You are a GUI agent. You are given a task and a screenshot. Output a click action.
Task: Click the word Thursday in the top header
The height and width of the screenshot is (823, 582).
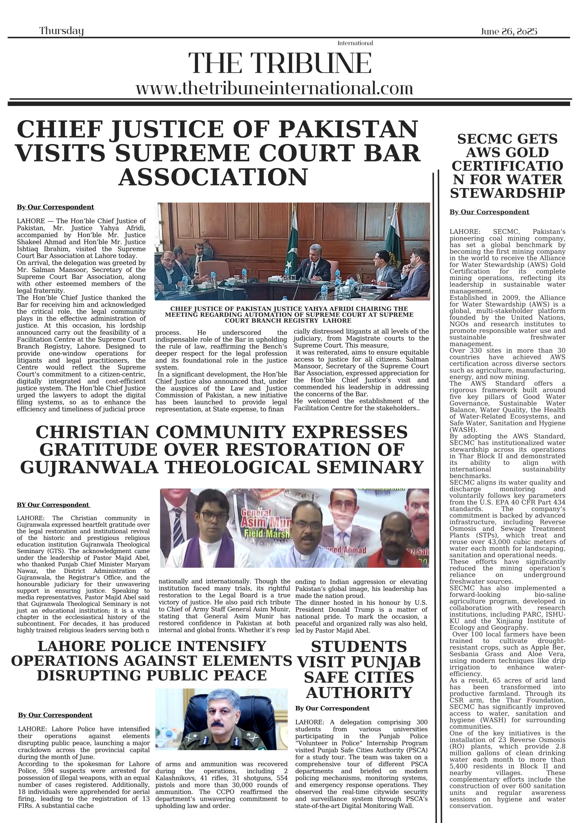coord(61,31)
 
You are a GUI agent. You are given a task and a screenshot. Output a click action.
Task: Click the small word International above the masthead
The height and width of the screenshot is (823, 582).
coord(355,43)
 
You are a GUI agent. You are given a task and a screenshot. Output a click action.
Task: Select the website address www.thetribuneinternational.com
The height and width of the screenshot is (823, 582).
coord(274,88)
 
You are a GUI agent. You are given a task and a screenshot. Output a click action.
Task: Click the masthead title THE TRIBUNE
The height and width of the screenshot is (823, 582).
coord(280,63)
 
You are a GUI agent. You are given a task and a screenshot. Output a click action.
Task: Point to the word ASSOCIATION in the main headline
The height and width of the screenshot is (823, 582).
coord(213,177)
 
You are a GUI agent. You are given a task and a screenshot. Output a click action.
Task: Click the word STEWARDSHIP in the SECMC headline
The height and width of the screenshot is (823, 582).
coord(507,193)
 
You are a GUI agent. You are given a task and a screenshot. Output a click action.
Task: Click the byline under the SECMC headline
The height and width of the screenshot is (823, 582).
coord(489,212)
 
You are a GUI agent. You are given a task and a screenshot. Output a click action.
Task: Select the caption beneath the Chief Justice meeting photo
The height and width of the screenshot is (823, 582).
coord(289,314)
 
